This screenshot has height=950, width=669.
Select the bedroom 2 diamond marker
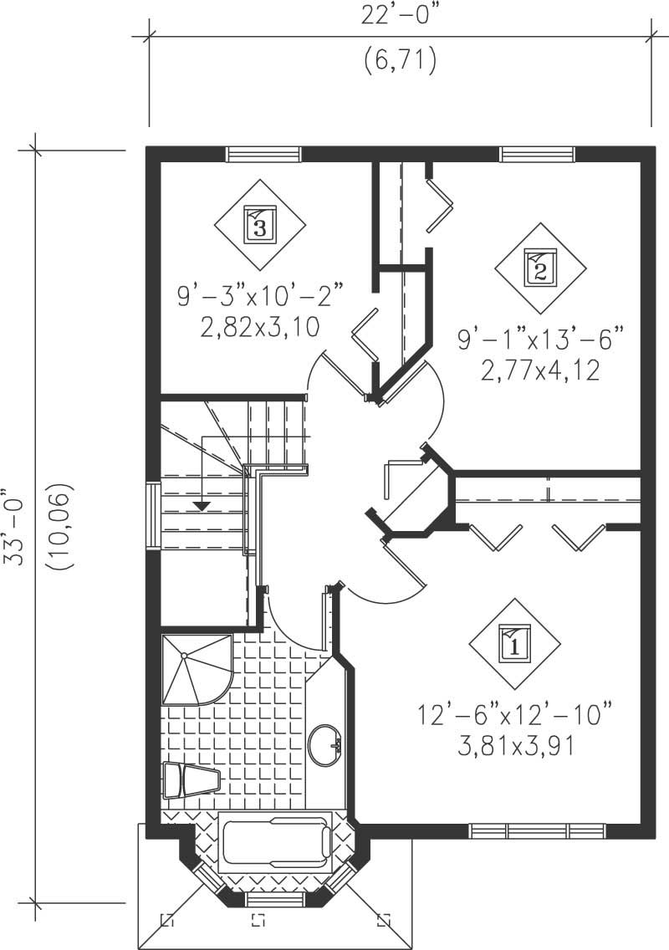[539, 268]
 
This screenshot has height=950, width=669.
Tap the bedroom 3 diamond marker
[259, 223]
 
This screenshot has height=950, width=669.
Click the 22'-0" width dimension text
[401, 17]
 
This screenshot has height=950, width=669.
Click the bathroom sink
[324, 743]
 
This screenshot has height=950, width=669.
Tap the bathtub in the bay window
[274, 842]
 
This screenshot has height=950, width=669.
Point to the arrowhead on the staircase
[201, 505]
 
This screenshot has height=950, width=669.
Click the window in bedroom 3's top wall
[263, 154]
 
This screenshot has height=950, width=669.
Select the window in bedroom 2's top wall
[537, 154]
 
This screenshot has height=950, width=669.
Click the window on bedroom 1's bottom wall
[537, 831]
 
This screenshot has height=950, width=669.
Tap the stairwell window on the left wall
[153, 515]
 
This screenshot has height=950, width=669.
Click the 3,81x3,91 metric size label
[515, 744]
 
